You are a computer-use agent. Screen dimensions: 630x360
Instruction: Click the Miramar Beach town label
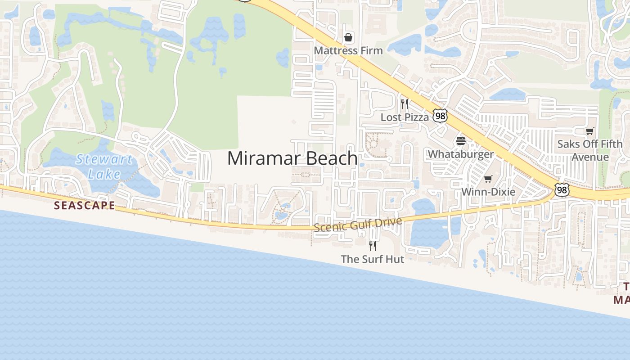pyautogui.click(x=292, y=158)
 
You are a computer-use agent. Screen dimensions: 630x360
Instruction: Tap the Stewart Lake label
pyautogui.click(x=104, y=166)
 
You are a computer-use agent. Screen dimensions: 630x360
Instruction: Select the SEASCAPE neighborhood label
pyautogui.click(x=84, y=206)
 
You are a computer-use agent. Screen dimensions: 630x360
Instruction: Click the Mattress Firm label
pyautogui.click(x=348, y=50)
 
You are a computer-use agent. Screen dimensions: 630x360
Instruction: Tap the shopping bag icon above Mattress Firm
pyautogui.click(x=348, y=37)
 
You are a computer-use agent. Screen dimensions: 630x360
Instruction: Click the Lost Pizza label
pyautogui.click(x=405, y=117)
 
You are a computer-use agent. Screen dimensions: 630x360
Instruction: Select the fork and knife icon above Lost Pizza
pyautogui.click(x=405, y=104)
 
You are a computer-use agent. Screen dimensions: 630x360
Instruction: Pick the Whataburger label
pyautogui.click(x=460, y=154)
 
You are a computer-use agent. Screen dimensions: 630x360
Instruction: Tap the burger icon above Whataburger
pyautogui.click(x=460, y=141)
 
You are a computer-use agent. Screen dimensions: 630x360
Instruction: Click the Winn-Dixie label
pyautogui.click(x=488, y=192)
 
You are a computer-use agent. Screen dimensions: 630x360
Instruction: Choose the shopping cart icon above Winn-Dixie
pyautogui.click(x=488, y=179)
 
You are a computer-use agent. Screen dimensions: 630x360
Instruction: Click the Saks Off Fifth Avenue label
pyautogui.click(x=589, y=150)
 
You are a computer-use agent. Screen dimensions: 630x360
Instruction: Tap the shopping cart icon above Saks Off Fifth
pyautogui.click(x=589, y=131)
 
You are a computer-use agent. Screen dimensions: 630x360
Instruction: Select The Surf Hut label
pyautogui.click(x=372, y=259)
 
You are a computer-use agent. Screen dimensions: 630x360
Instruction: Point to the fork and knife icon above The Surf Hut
pyautogui.click(x=372, y=246)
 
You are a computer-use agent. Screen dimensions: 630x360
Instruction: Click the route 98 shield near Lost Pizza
pyautogui.click(x=440, y=116)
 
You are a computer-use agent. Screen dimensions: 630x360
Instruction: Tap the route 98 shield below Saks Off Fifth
pyautogui.click(x=561, y=190)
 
